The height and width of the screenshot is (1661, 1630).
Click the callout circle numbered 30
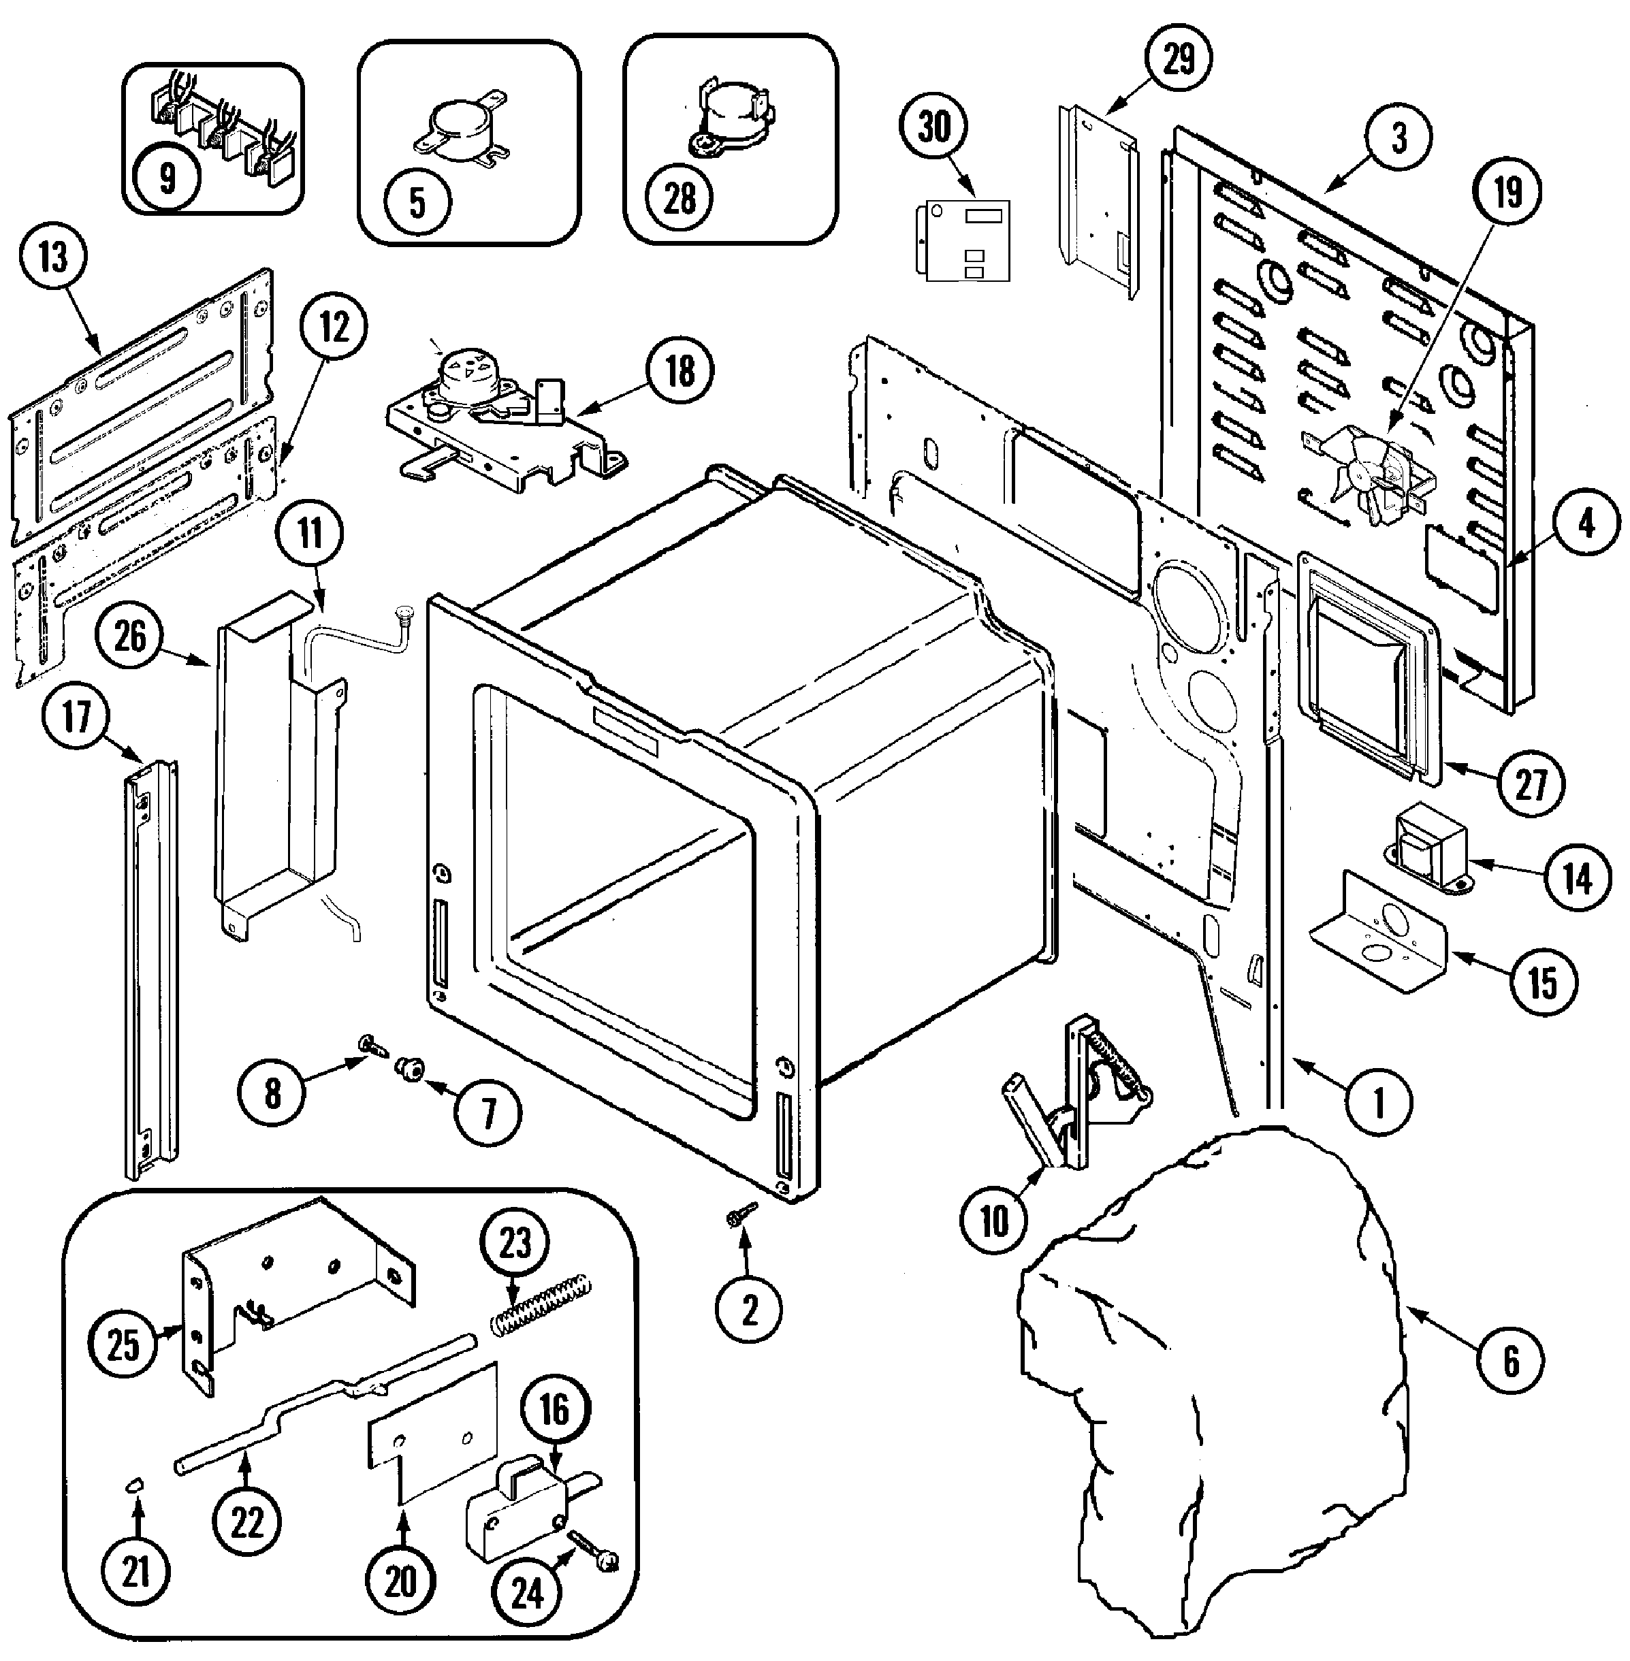935,127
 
